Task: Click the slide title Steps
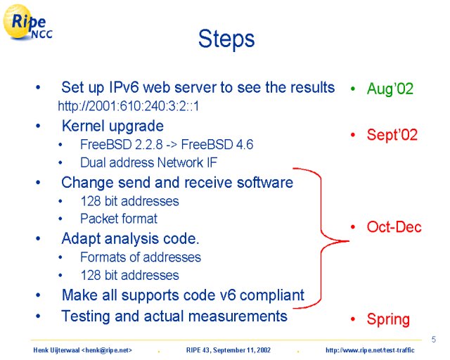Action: [226, 39]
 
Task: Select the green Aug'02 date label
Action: [390, 89]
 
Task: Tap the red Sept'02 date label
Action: [392, 134]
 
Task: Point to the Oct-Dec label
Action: [394, 227]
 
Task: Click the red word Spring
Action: [388, 319]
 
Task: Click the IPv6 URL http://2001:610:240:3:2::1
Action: [128, 106]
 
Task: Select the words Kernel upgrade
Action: [112, 127]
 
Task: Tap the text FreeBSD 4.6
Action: [217, 144]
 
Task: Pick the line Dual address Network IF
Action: [148, 162]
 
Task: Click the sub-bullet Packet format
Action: [119, 219]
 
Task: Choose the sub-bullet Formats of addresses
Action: [141, 257]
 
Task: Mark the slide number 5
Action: [434, 340]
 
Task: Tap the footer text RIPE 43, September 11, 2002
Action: [229, 350]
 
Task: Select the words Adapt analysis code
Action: [130, 239]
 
